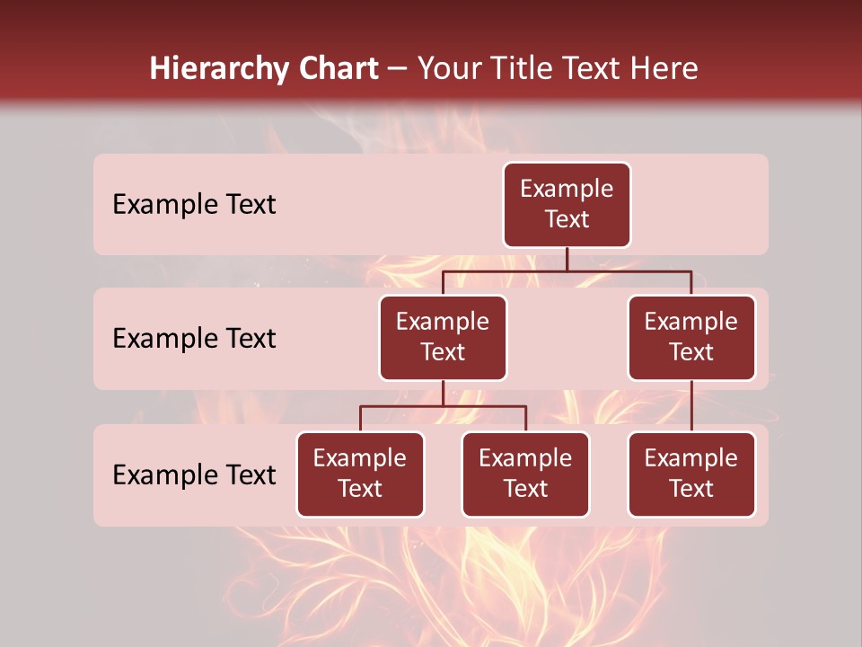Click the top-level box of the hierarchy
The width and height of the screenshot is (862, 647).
pyautogui.click(x=567, y=205)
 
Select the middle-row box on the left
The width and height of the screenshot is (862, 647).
pyautogui.click(x=443, y=338)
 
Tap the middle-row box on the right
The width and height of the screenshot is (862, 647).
pyautogui.click(x=691, y=338)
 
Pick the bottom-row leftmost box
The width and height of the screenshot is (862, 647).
pyautogui.click(x=360, y=474)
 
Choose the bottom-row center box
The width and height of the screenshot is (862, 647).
pyautogui.click(x=525, y=474)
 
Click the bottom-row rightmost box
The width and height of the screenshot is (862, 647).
pyautogui.click(x=691, y=474)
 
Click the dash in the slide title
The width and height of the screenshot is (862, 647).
pyautogui.click(x=398, y=69)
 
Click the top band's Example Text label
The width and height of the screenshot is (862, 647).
pyautogui.click(x=194, y=205)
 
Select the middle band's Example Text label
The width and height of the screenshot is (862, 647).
pyautogui.click(x=194, y=339)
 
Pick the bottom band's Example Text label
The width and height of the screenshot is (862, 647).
pyautogui.click(x=194, y=475)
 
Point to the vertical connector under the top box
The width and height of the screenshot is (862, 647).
pyautogui.click(x=567, y=259)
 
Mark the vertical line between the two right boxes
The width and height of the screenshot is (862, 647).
pyautogui.click(x=691, y=406)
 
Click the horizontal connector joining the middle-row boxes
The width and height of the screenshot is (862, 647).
pyautogui.click(x=567, y=270)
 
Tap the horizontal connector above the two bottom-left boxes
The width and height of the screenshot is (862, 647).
pyautogui.click(x=443, y=406)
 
